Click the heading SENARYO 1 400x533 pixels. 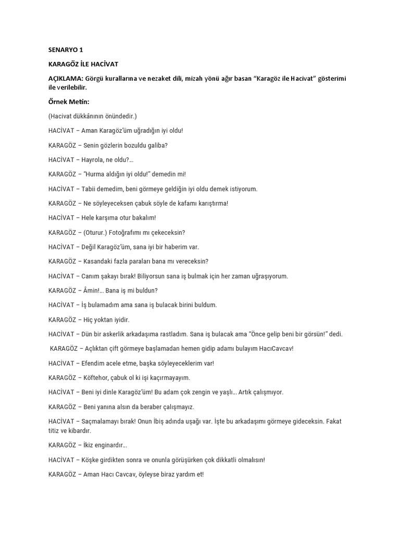pos(66,50)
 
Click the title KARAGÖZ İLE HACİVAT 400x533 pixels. pos(83,64)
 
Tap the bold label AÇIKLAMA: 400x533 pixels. pos(65,78)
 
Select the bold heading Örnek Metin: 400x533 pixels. pos(66,101)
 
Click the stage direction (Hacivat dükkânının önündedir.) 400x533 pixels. pos(93,116)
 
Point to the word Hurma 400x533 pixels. pos(97,174)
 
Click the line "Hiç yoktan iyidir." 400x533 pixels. pos(107,320)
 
